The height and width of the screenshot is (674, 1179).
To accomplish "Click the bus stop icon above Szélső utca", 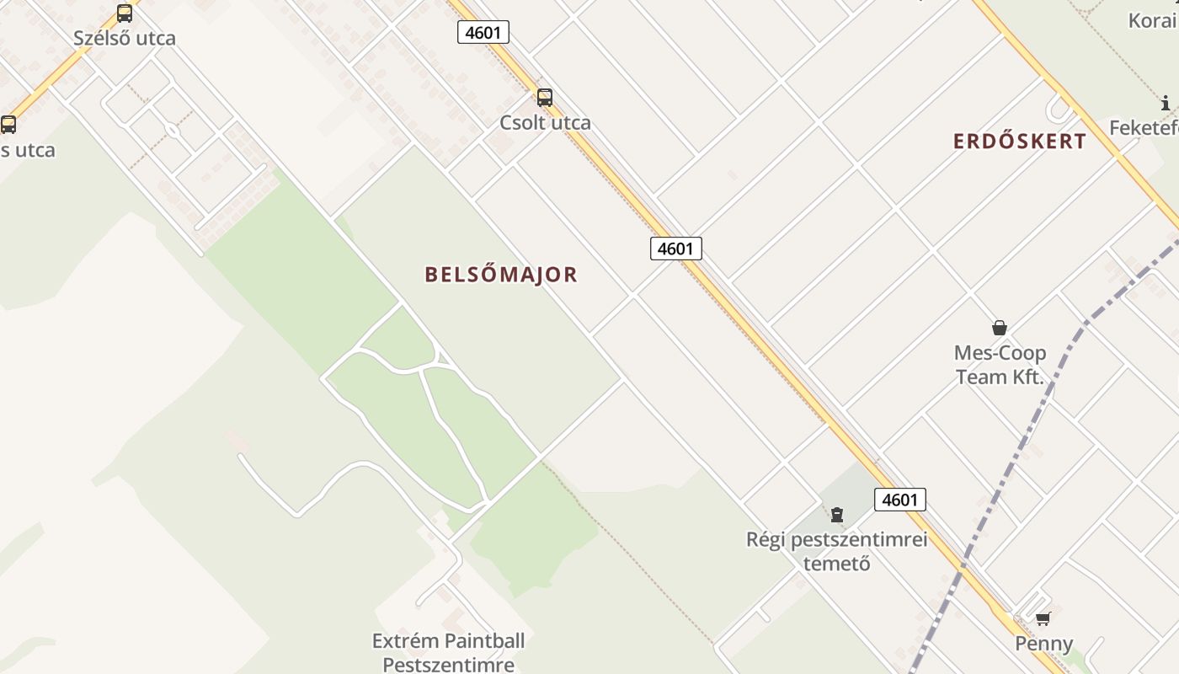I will pyautogui.click(x=125, y=13).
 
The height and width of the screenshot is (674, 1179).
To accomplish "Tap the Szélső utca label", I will pyautogui.click(x=125, y=38).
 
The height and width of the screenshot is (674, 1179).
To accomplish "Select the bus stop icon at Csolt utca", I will pyautogui.click(x=545, y=98).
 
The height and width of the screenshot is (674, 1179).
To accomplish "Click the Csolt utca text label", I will pyautogui.click(x=545, y=123).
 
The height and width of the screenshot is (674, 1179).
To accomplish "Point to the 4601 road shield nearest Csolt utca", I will pyautogui.click(x=483, y=33).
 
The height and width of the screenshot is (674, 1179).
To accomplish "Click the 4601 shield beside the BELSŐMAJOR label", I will pyautogui.click(x=675, y=249).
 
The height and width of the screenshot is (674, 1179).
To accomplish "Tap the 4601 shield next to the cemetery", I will pyautogui.click(x=899, y=500).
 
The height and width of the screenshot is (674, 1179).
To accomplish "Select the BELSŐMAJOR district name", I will pyautogui.click(x=501, y=275).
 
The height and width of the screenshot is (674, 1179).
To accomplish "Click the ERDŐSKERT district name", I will pyautogui.click(x=1020, y=142).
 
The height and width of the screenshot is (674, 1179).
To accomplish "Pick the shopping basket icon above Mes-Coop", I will pyautogui.click(x=1000, y=328).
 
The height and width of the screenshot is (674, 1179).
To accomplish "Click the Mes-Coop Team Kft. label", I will pyautogui.click(x=1000, y=365).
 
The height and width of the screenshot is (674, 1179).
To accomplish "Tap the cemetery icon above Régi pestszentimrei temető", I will pyautogui.click(x=837, y=514).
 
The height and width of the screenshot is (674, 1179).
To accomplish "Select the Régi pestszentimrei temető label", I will pyautogui.click(x=837, y=551).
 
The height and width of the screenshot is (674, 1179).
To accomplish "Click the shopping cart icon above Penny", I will pyautogui.click(x=1043, y=619).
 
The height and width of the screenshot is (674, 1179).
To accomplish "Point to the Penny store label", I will pyautogui.click(x=1043, y=645).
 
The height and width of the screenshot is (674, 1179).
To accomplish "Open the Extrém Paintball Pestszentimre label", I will pyautogui.click(x=448, y=652).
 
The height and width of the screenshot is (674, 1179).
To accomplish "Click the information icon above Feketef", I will pyautogui.click(x=1166, y=104).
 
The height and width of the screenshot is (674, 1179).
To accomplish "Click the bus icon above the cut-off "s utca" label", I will pyautogui.click(x=8, y=125).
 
